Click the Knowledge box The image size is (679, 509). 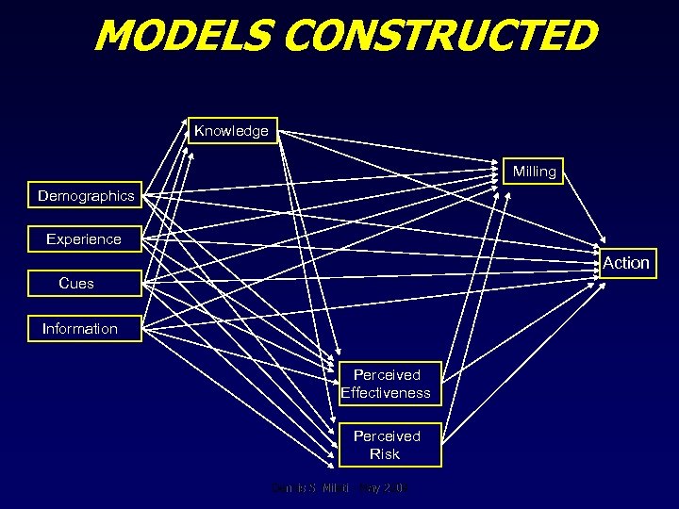[231, 131]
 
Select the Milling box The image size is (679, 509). [535, 172]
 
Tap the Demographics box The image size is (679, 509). [86, 196]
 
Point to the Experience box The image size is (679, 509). [84, 239]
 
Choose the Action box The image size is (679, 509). [626, 263]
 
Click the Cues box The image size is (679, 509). [76, 283]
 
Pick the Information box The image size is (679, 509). [80, 329]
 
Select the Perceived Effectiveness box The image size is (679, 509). [387, 384]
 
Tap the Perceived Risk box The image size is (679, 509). [387, 445]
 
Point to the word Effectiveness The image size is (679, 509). [386, 393]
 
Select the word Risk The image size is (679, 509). [385, 454]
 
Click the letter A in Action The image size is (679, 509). [608, 263]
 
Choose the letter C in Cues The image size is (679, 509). [63, 283]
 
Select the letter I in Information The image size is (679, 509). [44, 329]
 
